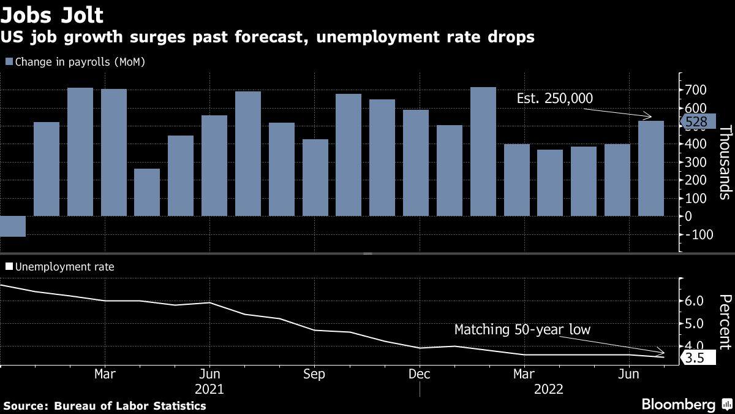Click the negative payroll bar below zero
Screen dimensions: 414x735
tap(13, 226)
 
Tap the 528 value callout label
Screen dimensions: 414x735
tap(696, 123)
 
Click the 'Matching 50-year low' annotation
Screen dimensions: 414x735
tap(522, 330)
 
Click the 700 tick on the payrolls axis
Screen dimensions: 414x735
tap(696, 90)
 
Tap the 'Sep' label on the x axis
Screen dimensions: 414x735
tap(314, 374)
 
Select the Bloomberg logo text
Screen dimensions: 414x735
tap(678, 404)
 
